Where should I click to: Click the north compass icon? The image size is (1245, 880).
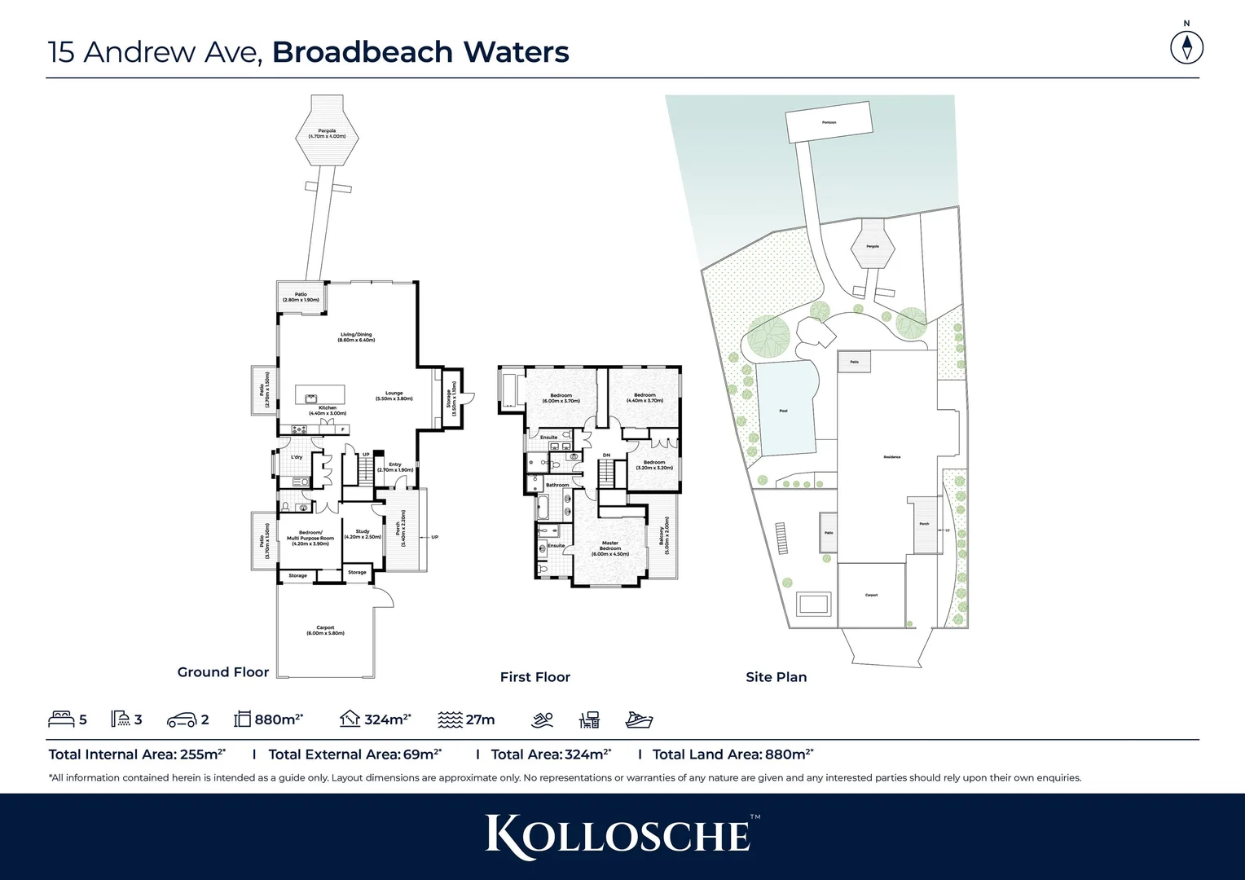(1186, 46)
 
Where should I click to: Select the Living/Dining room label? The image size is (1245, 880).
(356, 337)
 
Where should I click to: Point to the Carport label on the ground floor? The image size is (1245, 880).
(325, 630)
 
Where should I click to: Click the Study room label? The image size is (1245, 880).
(363, 534)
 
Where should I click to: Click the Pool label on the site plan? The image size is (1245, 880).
(783, 411)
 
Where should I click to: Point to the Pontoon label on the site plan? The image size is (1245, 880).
(829, 123)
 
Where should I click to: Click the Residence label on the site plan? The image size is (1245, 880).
(891, 457)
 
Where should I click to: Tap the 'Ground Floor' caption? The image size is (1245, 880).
(222, 672)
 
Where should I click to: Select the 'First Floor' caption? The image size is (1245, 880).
(535, 677)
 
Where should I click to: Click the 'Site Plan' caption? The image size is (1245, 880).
(776, 677)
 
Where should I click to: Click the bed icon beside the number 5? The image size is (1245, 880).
(61, 719)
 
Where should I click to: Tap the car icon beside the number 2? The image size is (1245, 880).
(181, 720)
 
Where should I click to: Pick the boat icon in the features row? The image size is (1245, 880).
(639, 720)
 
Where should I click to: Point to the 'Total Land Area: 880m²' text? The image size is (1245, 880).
(732, 755)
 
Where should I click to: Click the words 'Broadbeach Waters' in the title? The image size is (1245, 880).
(420, 52)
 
